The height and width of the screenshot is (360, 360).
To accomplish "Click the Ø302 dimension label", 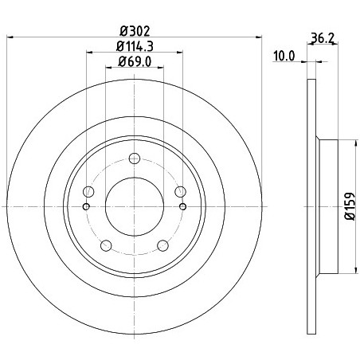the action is click(135, 31).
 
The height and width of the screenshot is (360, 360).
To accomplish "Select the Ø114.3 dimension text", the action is click(135, 46).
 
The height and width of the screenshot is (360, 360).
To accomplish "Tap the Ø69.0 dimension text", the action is click(135, 62).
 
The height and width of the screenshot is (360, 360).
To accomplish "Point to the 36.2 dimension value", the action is click(323, 39).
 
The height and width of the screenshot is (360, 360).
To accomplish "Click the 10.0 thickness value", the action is click(284, 56).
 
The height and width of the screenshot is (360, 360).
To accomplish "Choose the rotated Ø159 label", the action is click(350, 206).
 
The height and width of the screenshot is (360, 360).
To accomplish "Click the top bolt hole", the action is click(135, 158).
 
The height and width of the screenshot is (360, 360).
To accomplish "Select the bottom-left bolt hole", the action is click(106, 245).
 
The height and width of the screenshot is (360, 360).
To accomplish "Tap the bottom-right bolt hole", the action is click(162, 245).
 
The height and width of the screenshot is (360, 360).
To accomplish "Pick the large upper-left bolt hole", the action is click(88, 191).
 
